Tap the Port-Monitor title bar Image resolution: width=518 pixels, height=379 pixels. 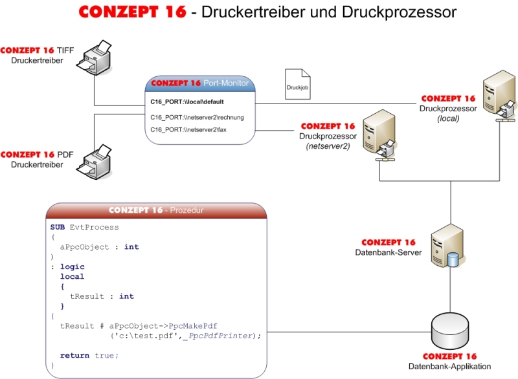pos(199,83)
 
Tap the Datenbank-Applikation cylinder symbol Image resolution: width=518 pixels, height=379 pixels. pos(449,332)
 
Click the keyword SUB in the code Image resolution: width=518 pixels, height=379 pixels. pos(57,228)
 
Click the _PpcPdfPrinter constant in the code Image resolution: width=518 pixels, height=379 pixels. pos(220,336)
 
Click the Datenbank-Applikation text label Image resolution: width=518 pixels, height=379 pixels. pos(449,367)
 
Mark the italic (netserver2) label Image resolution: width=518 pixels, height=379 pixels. pos(328,147)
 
